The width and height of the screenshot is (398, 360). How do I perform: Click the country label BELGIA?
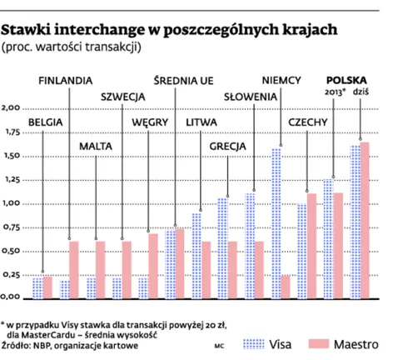click(47, 122)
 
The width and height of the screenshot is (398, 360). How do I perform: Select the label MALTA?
click(97, 146)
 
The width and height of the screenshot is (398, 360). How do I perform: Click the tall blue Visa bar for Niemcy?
click(276, 222)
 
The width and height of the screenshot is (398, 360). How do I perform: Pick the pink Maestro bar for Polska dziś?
click(364, 218)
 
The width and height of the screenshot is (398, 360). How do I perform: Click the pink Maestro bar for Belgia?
click(48, 286)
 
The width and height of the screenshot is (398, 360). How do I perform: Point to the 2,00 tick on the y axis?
click(12, 108)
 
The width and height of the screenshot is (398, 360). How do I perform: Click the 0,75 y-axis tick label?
click(12, 227)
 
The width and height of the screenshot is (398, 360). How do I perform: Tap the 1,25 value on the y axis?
click(12, 179)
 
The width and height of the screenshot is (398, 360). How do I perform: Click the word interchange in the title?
click(105, 30)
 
